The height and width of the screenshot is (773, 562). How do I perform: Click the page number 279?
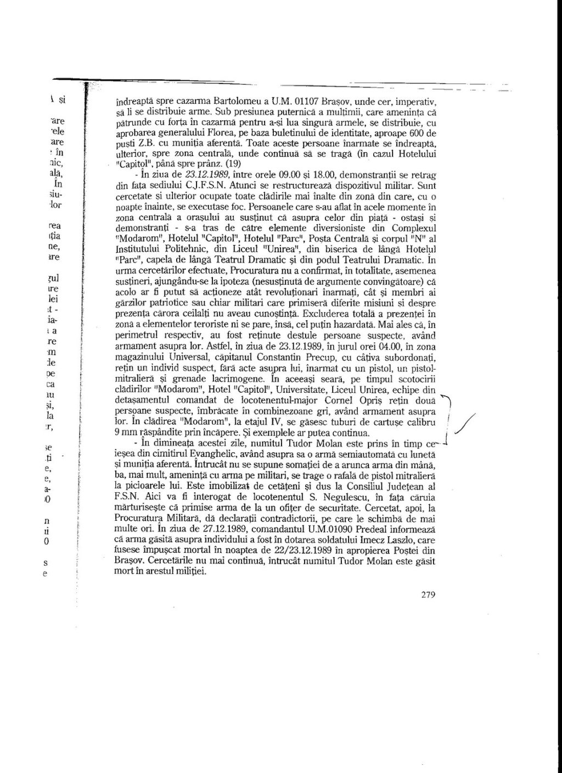point(428,594)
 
